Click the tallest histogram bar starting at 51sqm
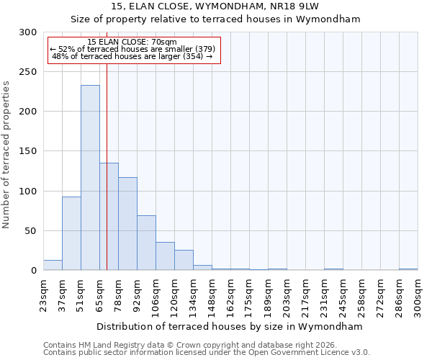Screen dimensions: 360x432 [x=90, y=178]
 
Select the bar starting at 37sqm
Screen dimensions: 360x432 [x=71, y=233]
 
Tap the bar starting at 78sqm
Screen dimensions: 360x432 [x=127, y=224]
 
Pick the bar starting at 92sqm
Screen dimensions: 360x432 [x=146, y=243]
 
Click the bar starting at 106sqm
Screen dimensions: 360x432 [x=165, y=256]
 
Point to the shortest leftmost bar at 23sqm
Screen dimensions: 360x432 [x=53, y=266]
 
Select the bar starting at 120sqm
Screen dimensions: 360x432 [x=184, y=260]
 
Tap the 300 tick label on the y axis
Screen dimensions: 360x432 [x=28, y=32]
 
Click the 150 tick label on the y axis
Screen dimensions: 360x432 [x=28, y=151]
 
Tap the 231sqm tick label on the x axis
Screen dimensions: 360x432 [x=324, y=296]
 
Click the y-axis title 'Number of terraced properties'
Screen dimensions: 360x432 [x=6, y=155]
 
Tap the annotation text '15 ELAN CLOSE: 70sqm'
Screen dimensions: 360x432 [x=132, y=42]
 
